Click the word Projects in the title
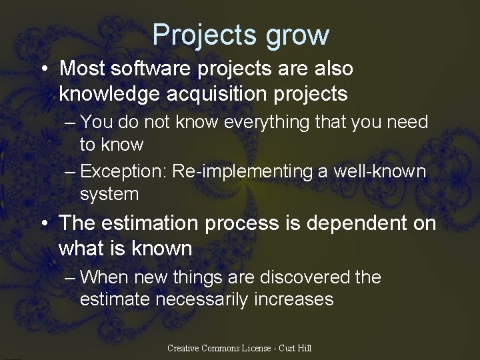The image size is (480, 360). point(204,35)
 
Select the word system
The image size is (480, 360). point(109,194)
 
